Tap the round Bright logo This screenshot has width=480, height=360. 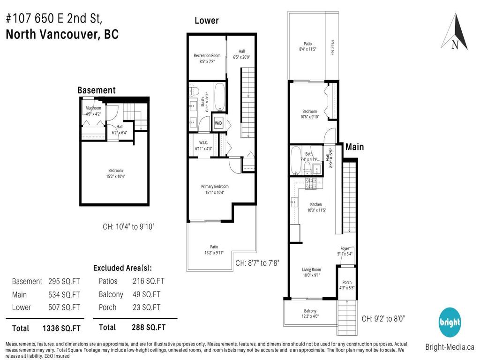(x=449, y=322)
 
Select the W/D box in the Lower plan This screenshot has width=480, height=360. (x=218, y=123)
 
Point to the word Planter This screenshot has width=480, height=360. (x=332, y=47)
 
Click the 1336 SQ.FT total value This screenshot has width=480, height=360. (x=61, y=328)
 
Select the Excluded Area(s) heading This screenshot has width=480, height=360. (x=122, y=268)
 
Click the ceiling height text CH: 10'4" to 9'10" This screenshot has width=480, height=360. (x=128, y=227)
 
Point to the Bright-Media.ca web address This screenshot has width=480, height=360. (x=450, y=347)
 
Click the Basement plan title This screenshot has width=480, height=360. (x=96, y=90)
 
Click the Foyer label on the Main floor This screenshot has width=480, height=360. (x=345, y=248)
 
